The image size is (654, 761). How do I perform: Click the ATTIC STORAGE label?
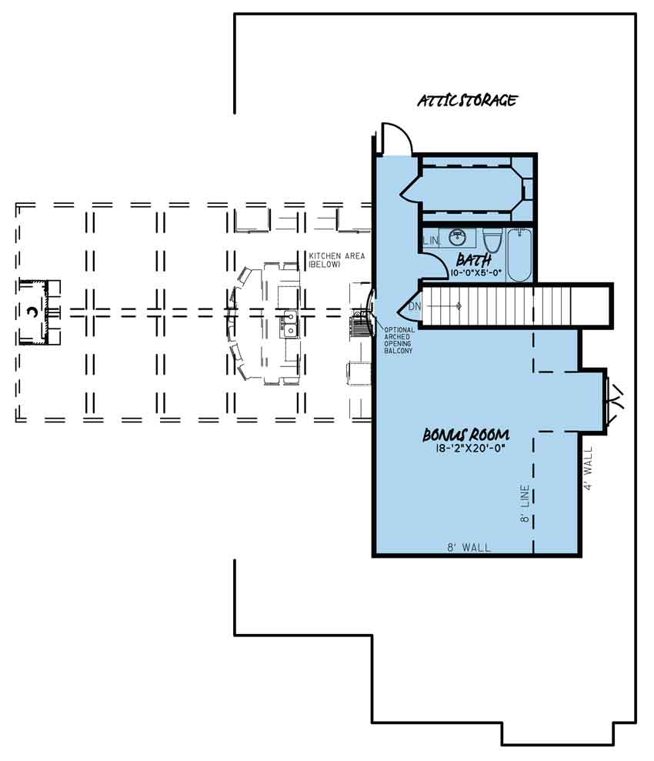click(467, 101)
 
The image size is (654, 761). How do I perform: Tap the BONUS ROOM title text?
click(465, 435)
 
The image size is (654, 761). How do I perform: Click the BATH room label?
click(474, 260)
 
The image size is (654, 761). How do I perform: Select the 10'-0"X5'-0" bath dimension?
click(475, 272)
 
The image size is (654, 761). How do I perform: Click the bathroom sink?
click(456, 237)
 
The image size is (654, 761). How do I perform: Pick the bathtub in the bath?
click(519, 255)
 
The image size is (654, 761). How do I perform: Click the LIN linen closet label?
click(431, 240)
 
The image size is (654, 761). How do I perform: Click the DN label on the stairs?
click(415, 306)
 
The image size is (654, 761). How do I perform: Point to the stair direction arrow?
click(443, 306)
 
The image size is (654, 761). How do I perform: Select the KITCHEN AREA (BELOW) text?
click(337, 260)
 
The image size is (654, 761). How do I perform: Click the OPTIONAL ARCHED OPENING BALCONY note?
click(399, 340)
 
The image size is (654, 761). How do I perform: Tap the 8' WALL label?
click(469, 547)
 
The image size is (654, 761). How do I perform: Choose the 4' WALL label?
click(588, 469)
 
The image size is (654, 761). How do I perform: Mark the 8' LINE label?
click(525, 503)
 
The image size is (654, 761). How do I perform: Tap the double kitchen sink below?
click(289, 324)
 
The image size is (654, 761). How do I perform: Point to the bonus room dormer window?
click(614, 402)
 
